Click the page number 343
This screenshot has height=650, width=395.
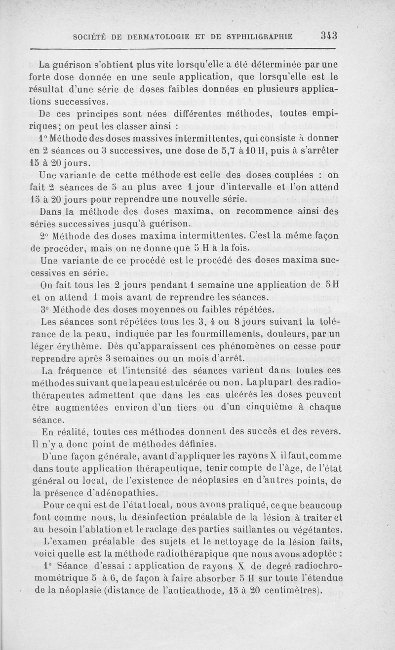click(x=328, y=36)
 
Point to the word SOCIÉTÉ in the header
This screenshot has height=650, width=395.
click(x=88, y=36)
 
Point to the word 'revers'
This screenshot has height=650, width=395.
click(x=325, y=431)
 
